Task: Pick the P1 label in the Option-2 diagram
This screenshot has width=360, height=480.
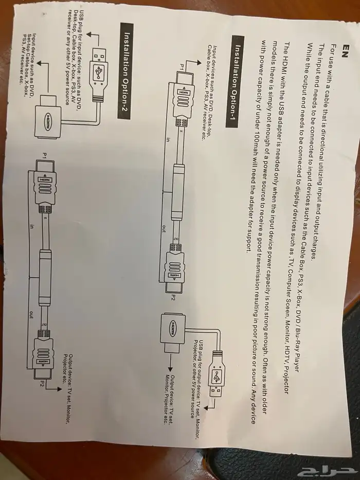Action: (x=45, y=154)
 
